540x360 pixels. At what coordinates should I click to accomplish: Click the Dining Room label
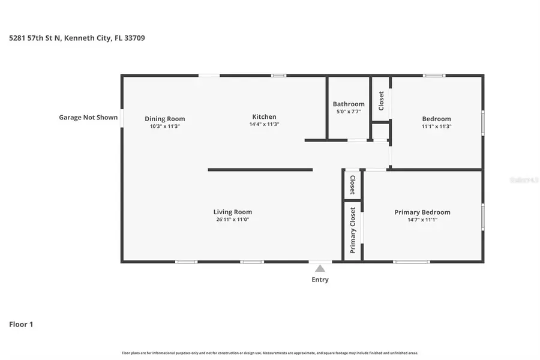pos(164,119)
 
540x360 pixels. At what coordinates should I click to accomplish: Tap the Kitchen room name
pos(264,117)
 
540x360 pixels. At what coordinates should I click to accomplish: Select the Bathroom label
pos(349,104)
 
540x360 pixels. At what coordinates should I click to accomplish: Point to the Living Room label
pos(233,212)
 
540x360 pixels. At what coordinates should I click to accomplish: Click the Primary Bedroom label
pos(422,212)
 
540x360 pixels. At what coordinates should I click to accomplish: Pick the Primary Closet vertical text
pos(353,230)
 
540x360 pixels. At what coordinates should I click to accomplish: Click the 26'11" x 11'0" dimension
pos(233,220)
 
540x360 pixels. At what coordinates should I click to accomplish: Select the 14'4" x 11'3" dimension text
pos(264,124)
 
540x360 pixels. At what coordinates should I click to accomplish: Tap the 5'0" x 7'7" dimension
pos(349,111)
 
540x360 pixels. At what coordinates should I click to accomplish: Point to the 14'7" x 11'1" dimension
pos(422,220)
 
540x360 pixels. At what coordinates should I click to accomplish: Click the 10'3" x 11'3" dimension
pos(164,127)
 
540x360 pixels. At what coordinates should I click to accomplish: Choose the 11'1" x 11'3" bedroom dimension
pos(436,127)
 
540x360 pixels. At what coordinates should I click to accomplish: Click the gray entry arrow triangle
pos(320,269)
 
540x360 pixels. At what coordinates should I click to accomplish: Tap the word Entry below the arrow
pos(320,280)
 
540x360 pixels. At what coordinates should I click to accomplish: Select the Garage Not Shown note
pos(88,118)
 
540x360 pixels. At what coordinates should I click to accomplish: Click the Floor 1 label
pos(21,325)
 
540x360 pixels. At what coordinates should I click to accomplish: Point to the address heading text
pos(77,38)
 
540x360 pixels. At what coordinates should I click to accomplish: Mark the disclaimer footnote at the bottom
pos(270,353)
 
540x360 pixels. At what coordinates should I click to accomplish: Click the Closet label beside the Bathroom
pos(381,100)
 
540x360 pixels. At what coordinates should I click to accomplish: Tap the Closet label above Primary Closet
pos(353,185)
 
